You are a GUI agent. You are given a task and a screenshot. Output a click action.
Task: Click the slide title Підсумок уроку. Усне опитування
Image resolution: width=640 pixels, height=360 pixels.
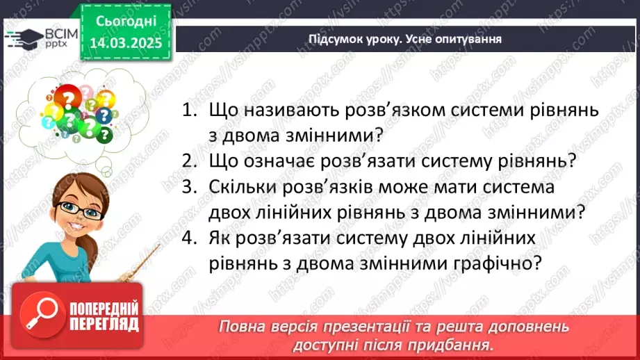click(x=405, y=39)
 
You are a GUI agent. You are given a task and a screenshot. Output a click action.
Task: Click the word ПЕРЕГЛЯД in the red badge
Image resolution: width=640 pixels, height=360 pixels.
click(x=104, y=323)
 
